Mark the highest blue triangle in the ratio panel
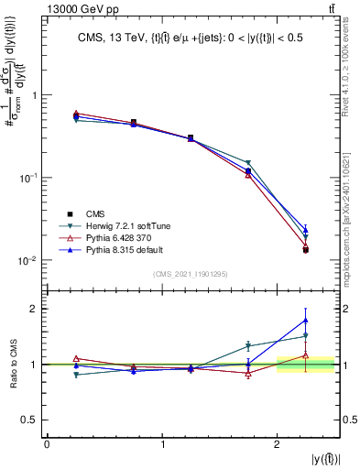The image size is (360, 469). pos(306,320)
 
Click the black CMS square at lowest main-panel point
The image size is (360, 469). pos(306,249)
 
